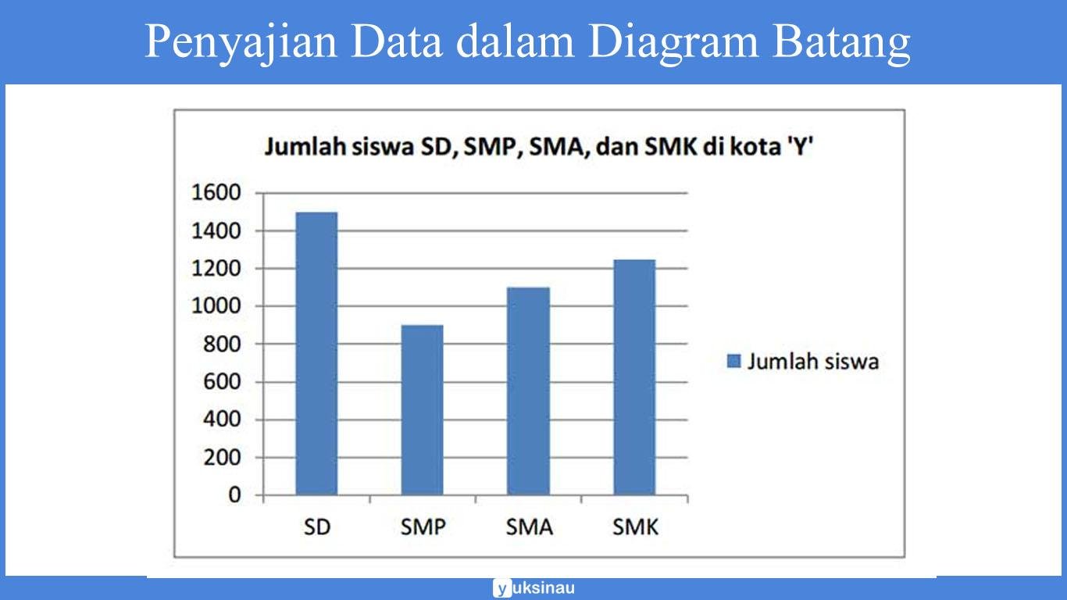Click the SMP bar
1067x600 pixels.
(423, 409)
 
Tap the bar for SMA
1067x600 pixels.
(529, 391)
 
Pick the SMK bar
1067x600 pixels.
(634, 377)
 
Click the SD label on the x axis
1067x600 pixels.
(317, 527)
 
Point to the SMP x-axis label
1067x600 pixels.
(423, 527)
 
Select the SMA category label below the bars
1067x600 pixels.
(529, 527)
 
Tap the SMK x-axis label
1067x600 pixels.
(635, 527)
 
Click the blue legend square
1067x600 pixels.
(733, 361)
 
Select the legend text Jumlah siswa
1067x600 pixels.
(813, 361)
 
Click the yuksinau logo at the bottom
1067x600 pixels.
(533, 588)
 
